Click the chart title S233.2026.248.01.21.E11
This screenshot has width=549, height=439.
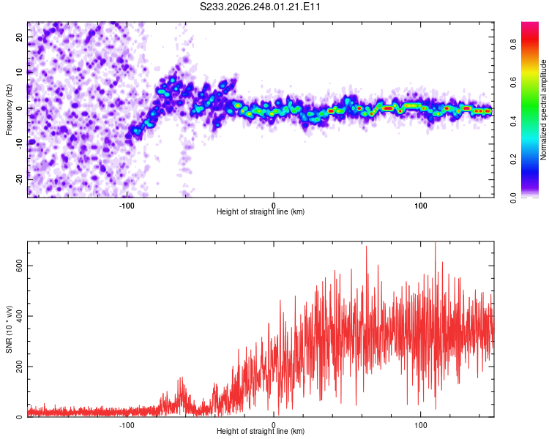pos(260,7)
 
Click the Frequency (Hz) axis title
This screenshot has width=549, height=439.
pos(9,110)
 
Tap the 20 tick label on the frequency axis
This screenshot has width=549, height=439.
pos(20,37)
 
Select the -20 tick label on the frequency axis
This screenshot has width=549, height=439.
pos(20,179)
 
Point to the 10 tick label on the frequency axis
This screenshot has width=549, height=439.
pos(20,73)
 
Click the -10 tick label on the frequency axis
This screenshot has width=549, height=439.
pos(20,144)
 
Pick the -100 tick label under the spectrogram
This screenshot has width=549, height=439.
pos(127,206)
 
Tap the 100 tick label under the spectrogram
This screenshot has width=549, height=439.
pos(420,206)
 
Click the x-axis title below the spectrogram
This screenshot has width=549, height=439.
pos(261,211)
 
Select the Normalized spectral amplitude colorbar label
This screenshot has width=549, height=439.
pos(543,110)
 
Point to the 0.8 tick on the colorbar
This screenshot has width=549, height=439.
pos(513,45)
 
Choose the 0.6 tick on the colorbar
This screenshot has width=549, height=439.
pos(513,83)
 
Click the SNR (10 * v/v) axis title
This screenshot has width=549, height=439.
pos(9,329)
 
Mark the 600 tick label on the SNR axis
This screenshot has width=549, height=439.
pos(20,266)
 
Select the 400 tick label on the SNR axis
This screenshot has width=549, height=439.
pos(20,316)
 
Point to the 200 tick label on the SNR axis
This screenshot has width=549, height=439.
pos(20,367)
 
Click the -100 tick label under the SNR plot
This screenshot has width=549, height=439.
pos(127,425)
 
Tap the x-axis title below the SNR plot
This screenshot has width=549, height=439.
pos(261,431)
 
